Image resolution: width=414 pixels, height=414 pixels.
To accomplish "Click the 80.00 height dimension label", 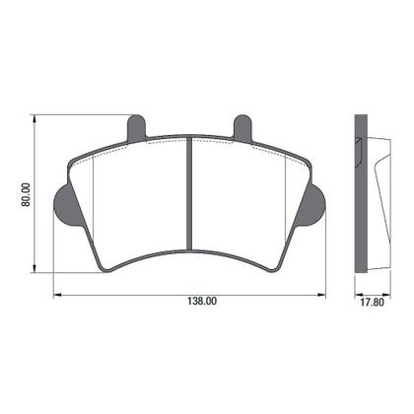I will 27,193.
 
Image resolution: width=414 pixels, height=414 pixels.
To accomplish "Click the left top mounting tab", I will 137,127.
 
